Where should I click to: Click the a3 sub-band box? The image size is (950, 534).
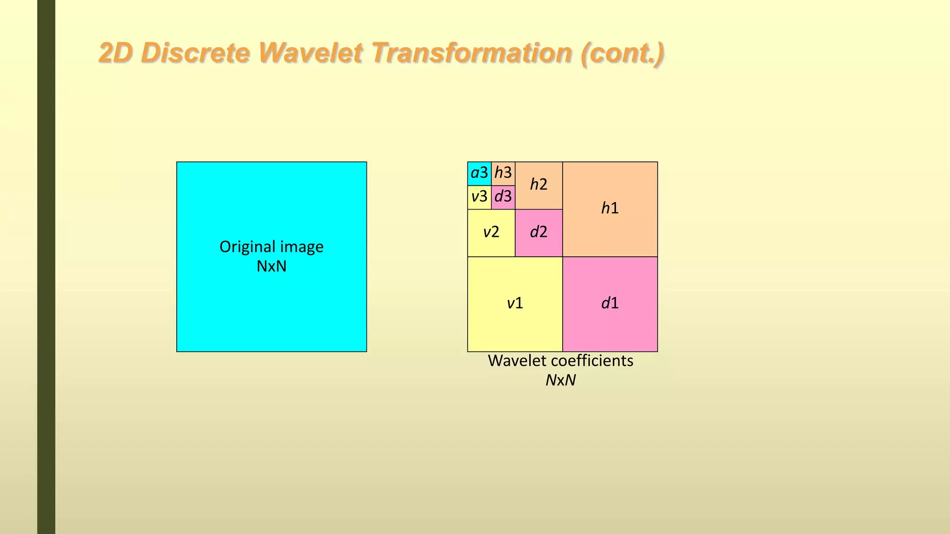[479, 173]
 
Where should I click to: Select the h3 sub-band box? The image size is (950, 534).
[503, 173]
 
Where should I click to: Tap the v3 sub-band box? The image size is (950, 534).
[479, 197]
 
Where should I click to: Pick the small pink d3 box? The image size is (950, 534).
[503, 197]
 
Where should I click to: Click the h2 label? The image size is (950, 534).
[539, 184]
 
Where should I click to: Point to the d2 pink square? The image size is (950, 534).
[539, 232]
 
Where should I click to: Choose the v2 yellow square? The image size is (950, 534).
[491, 232]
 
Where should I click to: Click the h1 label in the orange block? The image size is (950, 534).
[610, 209]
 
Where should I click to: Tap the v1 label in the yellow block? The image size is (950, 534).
[515, 304]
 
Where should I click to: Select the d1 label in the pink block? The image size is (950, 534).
[610, 304]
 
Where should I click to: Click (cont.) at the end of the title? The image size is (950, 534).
[622, 53]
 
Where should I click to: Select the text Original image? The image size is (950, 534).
[271, 247]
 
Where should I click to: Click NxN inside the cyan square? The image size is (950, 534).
[271, 267]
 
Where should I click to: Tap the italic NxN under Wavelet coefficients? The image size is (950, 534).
[560, 380]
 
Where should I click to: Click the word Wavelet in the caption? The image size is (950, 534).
[514, 361]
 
